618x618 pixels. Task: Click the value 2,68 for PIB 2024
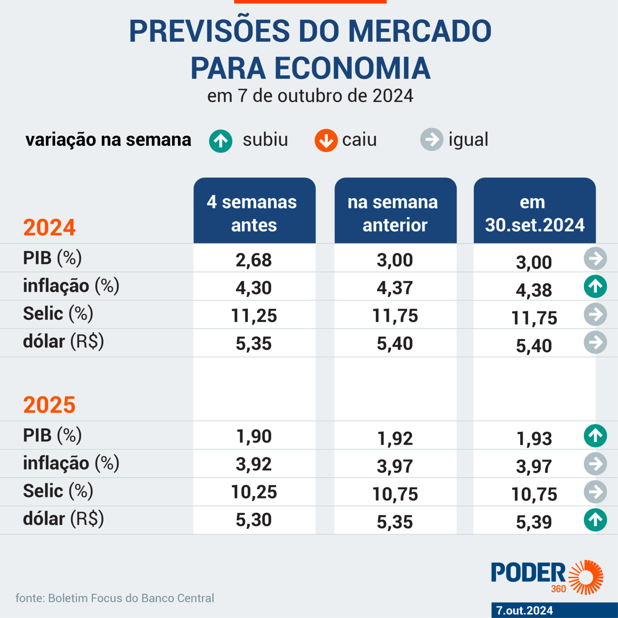(254, 260)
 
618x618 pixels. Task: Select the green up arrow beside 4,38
(595, 286)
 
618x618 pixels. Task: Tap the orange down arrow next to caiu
(326, 140)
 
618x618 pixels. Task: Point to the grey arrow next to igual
(432, 140)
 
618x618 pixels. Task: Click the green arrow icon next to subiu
(220, 141)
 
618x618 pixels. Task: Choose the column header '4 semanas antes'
(254, 213)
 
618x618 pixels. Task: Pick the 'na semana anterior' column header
(395, 213)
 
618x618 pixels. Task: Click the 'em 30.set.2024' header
(534, 213)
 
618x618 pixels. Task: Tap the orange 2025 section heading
(49, 405)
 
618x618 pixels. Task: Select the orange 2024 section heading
(49, 227)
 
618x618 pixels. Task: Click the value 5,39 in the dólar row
(534, 522)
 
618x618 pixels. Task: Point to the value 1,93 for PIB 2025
(534, 439)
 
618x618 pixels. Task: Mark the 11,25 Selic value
(254, 316)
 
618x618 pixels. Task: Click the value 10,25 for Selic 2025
(254, 492)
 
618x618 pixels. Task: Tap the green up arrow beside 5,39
(595, 520)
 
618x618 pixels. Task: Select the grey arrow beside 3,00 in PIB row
(595, 258)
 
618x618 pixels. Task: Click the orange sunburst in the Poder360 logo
(587, 577)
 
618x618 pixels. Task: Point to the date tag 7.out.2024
(525, 610)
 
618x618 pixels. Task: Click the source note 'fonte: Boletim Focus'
(115, 598)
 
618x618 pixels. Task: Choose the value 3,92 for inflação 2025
(254, 464)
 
